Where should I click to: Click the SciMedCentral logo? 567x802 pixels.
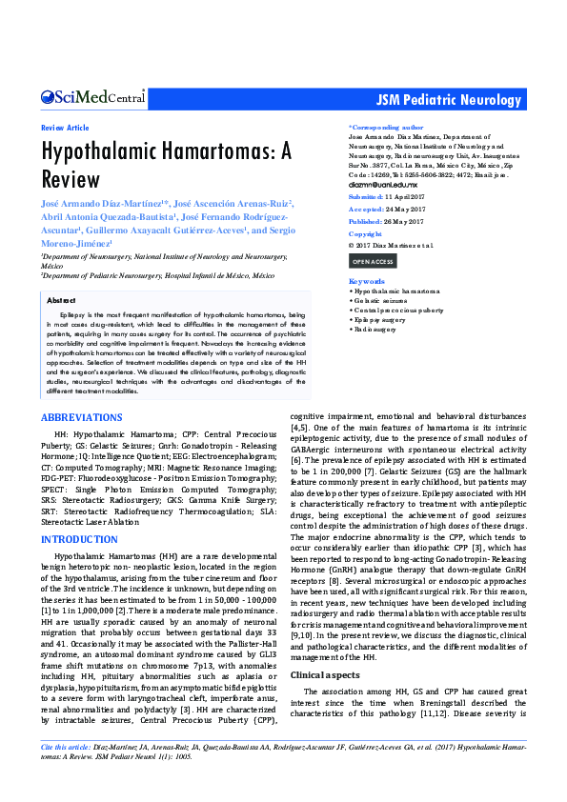92,97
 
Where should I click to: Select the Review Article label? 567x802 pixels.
65,128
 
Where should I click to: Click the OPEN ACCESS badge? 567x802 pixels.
372,260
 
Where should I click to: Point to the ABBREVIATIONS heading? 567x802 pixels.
81,418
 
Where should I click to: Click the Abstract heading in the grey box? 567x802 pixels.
61,299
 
